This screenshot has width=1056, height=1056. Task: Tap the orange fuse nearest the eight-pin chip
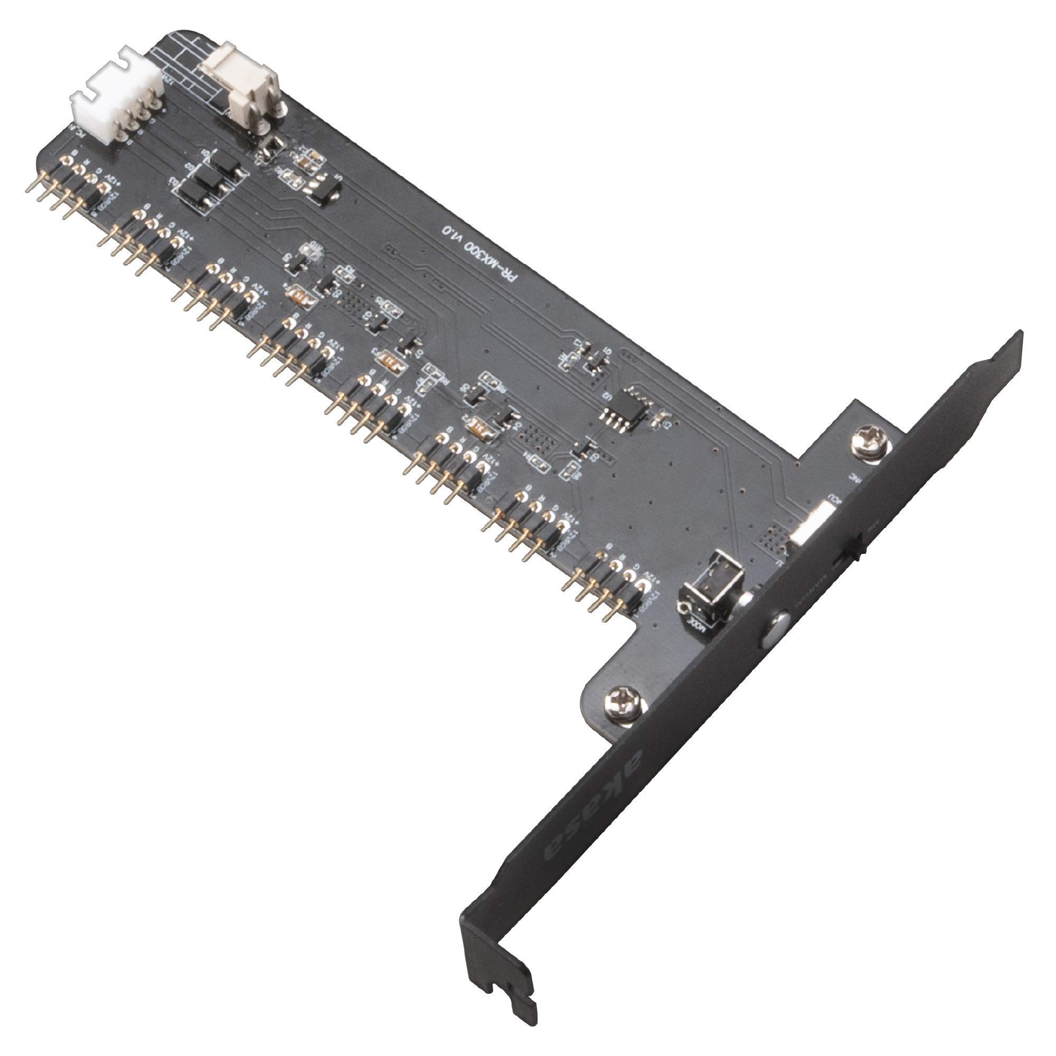[484, 427]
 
